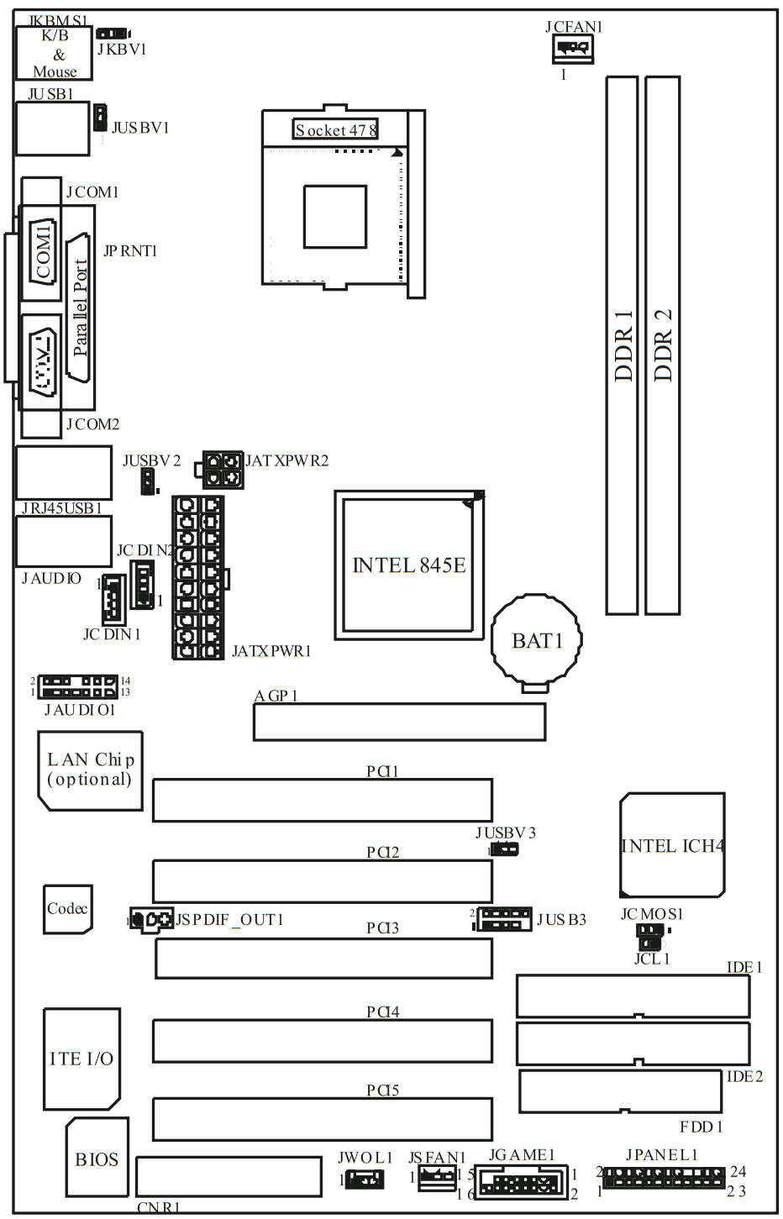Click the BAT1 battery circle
pos(536,640)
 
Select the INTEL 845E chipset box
pos(409,565)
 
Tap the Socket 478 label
pos(335,129)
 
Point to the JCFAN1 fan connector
pos(572,49)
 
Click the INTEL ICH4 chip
pos(672,845)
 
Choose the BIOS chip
pos(97,1159)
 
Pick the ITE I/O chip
pos(81,1059)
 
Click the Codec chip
pos(67,908)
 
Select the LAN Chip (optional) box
pos(90,770)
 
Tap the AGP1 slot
pos(400,722)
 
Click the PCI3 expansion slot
pos(323,959)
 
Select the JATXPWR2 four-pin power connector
pos(223,470)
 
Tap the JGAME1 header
pos(521,1183)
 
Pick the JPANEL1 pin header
pos(664,1178)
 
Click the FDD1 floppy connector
pos(620,1090)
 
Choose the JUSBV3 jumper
pos(505,849)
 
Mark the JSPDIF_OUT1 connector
pos(151,919)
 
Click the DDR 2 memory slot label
pos(663,344)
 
